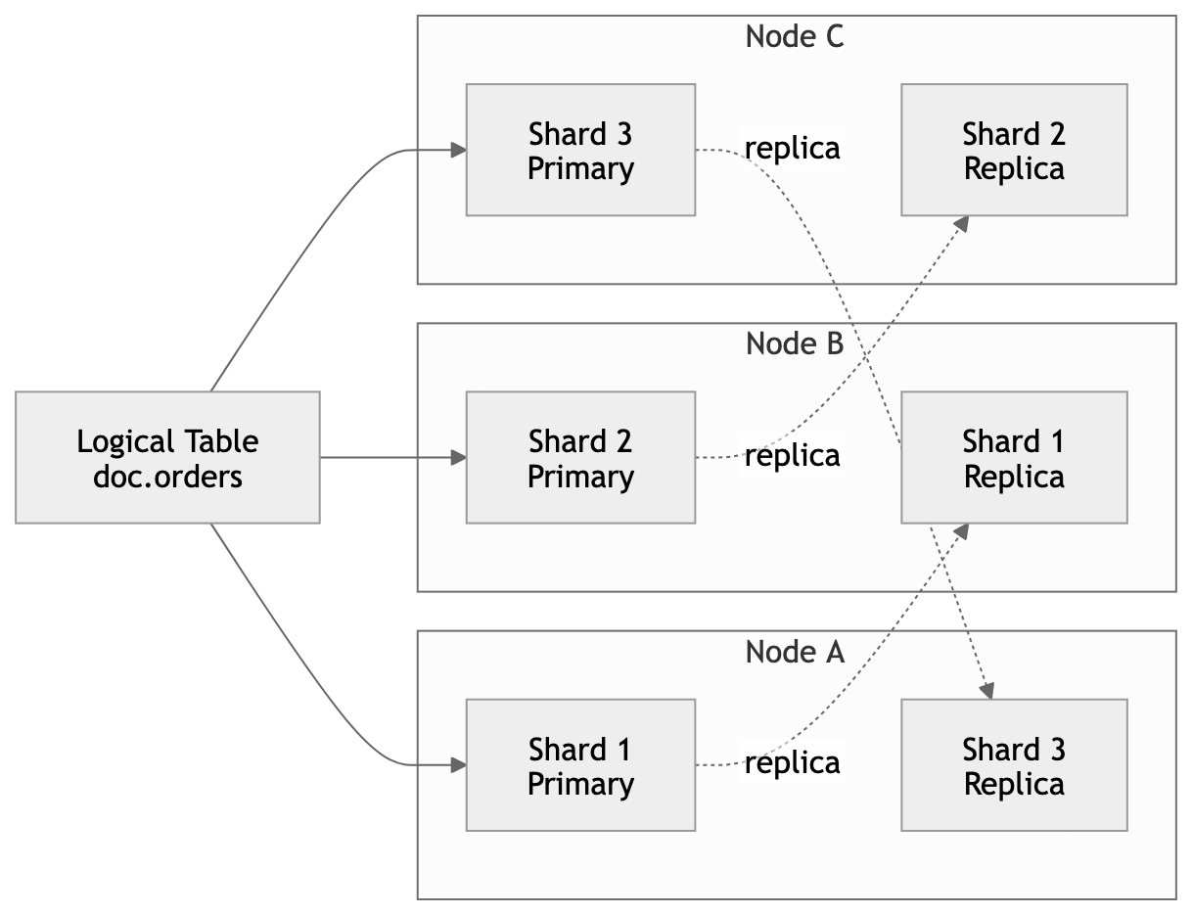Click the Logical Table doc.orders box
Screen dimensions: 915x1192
pos(167,457)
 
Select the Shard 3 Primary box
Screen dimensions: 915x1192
pos(580,150)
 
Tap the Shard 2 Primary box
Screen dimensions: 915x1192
pos(580,457)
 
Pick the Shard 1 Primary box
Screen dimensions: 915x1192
pos(580,765)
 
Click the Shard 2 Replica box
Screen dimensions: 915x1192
pos(1014,150)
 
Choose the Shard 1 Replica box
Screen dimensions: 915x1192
pos(1014,457)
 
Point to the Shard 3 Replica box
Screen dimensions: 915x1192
pos(1014,765)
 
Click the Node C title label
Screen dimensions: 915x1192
pos(794,37)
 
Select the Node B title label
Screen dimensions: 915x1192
pos(794,344)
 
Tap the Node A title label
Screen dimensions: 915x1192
pos(794,652)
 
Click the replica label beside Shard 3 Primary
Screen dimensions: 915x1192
pos(792,148)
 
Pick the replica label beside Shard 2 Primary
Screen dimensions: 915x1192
pos(792,456)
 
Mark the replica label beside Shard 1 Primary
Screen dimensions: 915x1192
pos(792,763)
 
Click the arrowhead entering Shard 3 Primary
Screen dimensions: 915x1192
pos(458,150)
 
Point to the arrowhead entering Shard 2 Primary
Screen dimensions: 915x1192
pos(458,457)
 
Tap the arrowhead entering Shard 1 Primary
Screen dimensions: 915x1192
pos(458,765)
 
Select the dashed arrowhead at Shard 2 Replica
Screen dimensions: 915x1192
pos(961,224)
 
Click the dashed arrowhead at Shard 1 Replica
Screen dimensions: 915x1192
pos(961,531)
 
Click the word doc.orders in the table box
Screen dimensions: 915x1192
pos(167,477)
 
